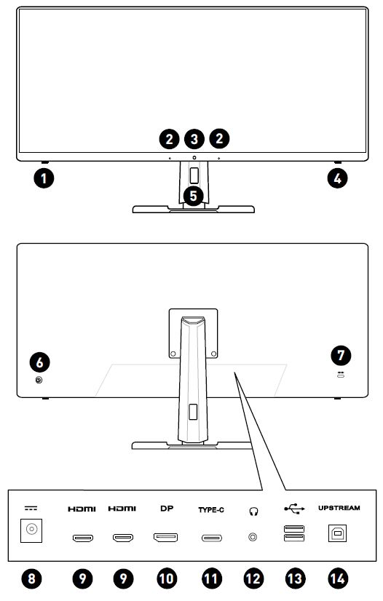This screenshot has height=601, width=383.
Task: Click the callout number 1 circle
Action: [44, 178]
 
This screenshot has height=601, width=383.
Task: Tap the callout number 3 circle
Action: [194, 139]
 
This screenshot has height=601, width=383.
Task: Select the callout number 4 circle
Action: [337, 178]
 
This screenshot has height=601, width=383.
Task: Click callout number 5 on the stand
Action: [193, 196]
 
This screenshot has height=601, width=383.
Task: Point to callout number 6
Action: [39, 362]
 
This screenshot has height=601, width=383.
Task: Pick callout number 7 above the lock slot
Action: [341, 355]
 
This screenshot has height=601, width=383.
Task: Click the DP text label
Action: [167, 509]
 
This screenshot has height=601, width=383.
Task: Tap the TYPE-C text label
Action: [211, 510]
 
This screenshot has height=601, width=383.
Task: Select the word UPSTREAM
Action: [339, 508]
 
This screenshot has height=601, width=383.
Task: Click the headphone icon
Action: [253, 512]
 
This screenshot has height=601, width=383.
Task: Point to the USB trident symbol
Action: [294, 509]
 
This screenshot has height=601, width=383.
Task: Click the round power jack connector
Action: [31, 530]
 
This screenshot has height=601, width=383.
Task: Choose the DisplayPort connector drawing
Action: [165, 538]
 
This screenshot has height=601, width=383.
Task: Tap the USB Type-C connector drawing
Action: [212, 538]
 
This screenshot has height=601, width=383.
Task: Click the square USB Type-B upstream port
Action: [337, 533]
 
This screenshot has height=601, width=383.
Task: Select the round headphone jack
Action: [253, 537]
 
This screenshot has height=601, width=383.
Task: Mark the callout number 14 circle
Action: [338, 578]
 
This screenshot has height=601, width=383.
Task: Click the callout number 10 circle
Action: [167, 578]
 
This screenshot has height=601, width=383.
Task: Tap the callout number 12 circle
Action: [253, 578]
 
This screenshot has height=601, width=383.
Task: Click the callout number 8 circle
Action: [31, 578]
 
